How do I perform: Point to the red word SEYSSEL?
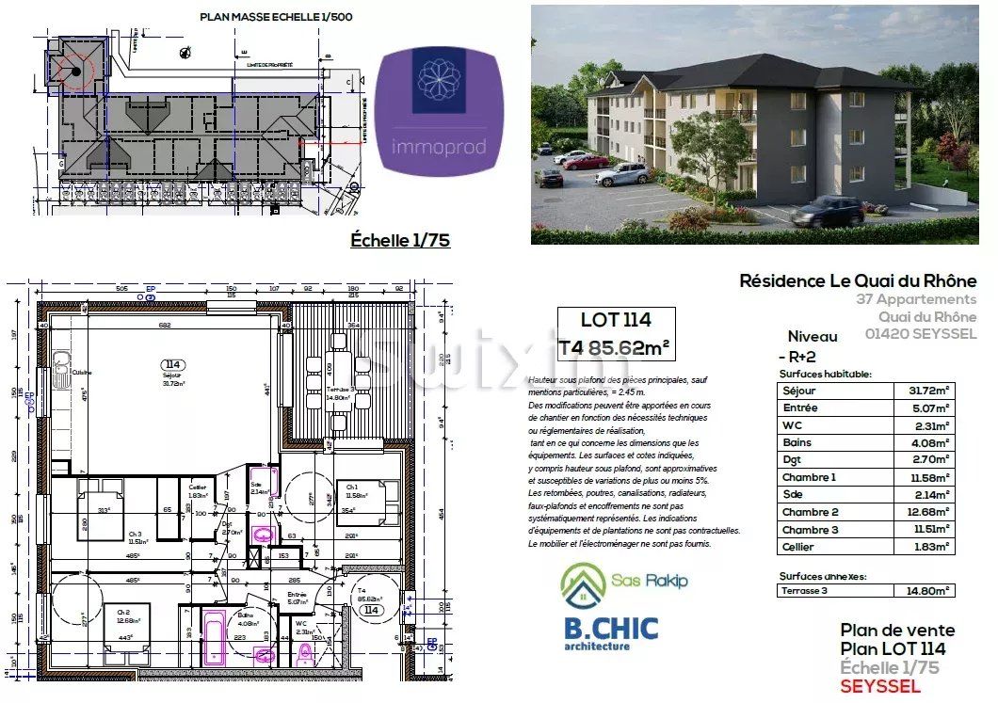click(879, 686)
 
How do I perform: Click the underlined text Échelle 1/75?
click(400, 241)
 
